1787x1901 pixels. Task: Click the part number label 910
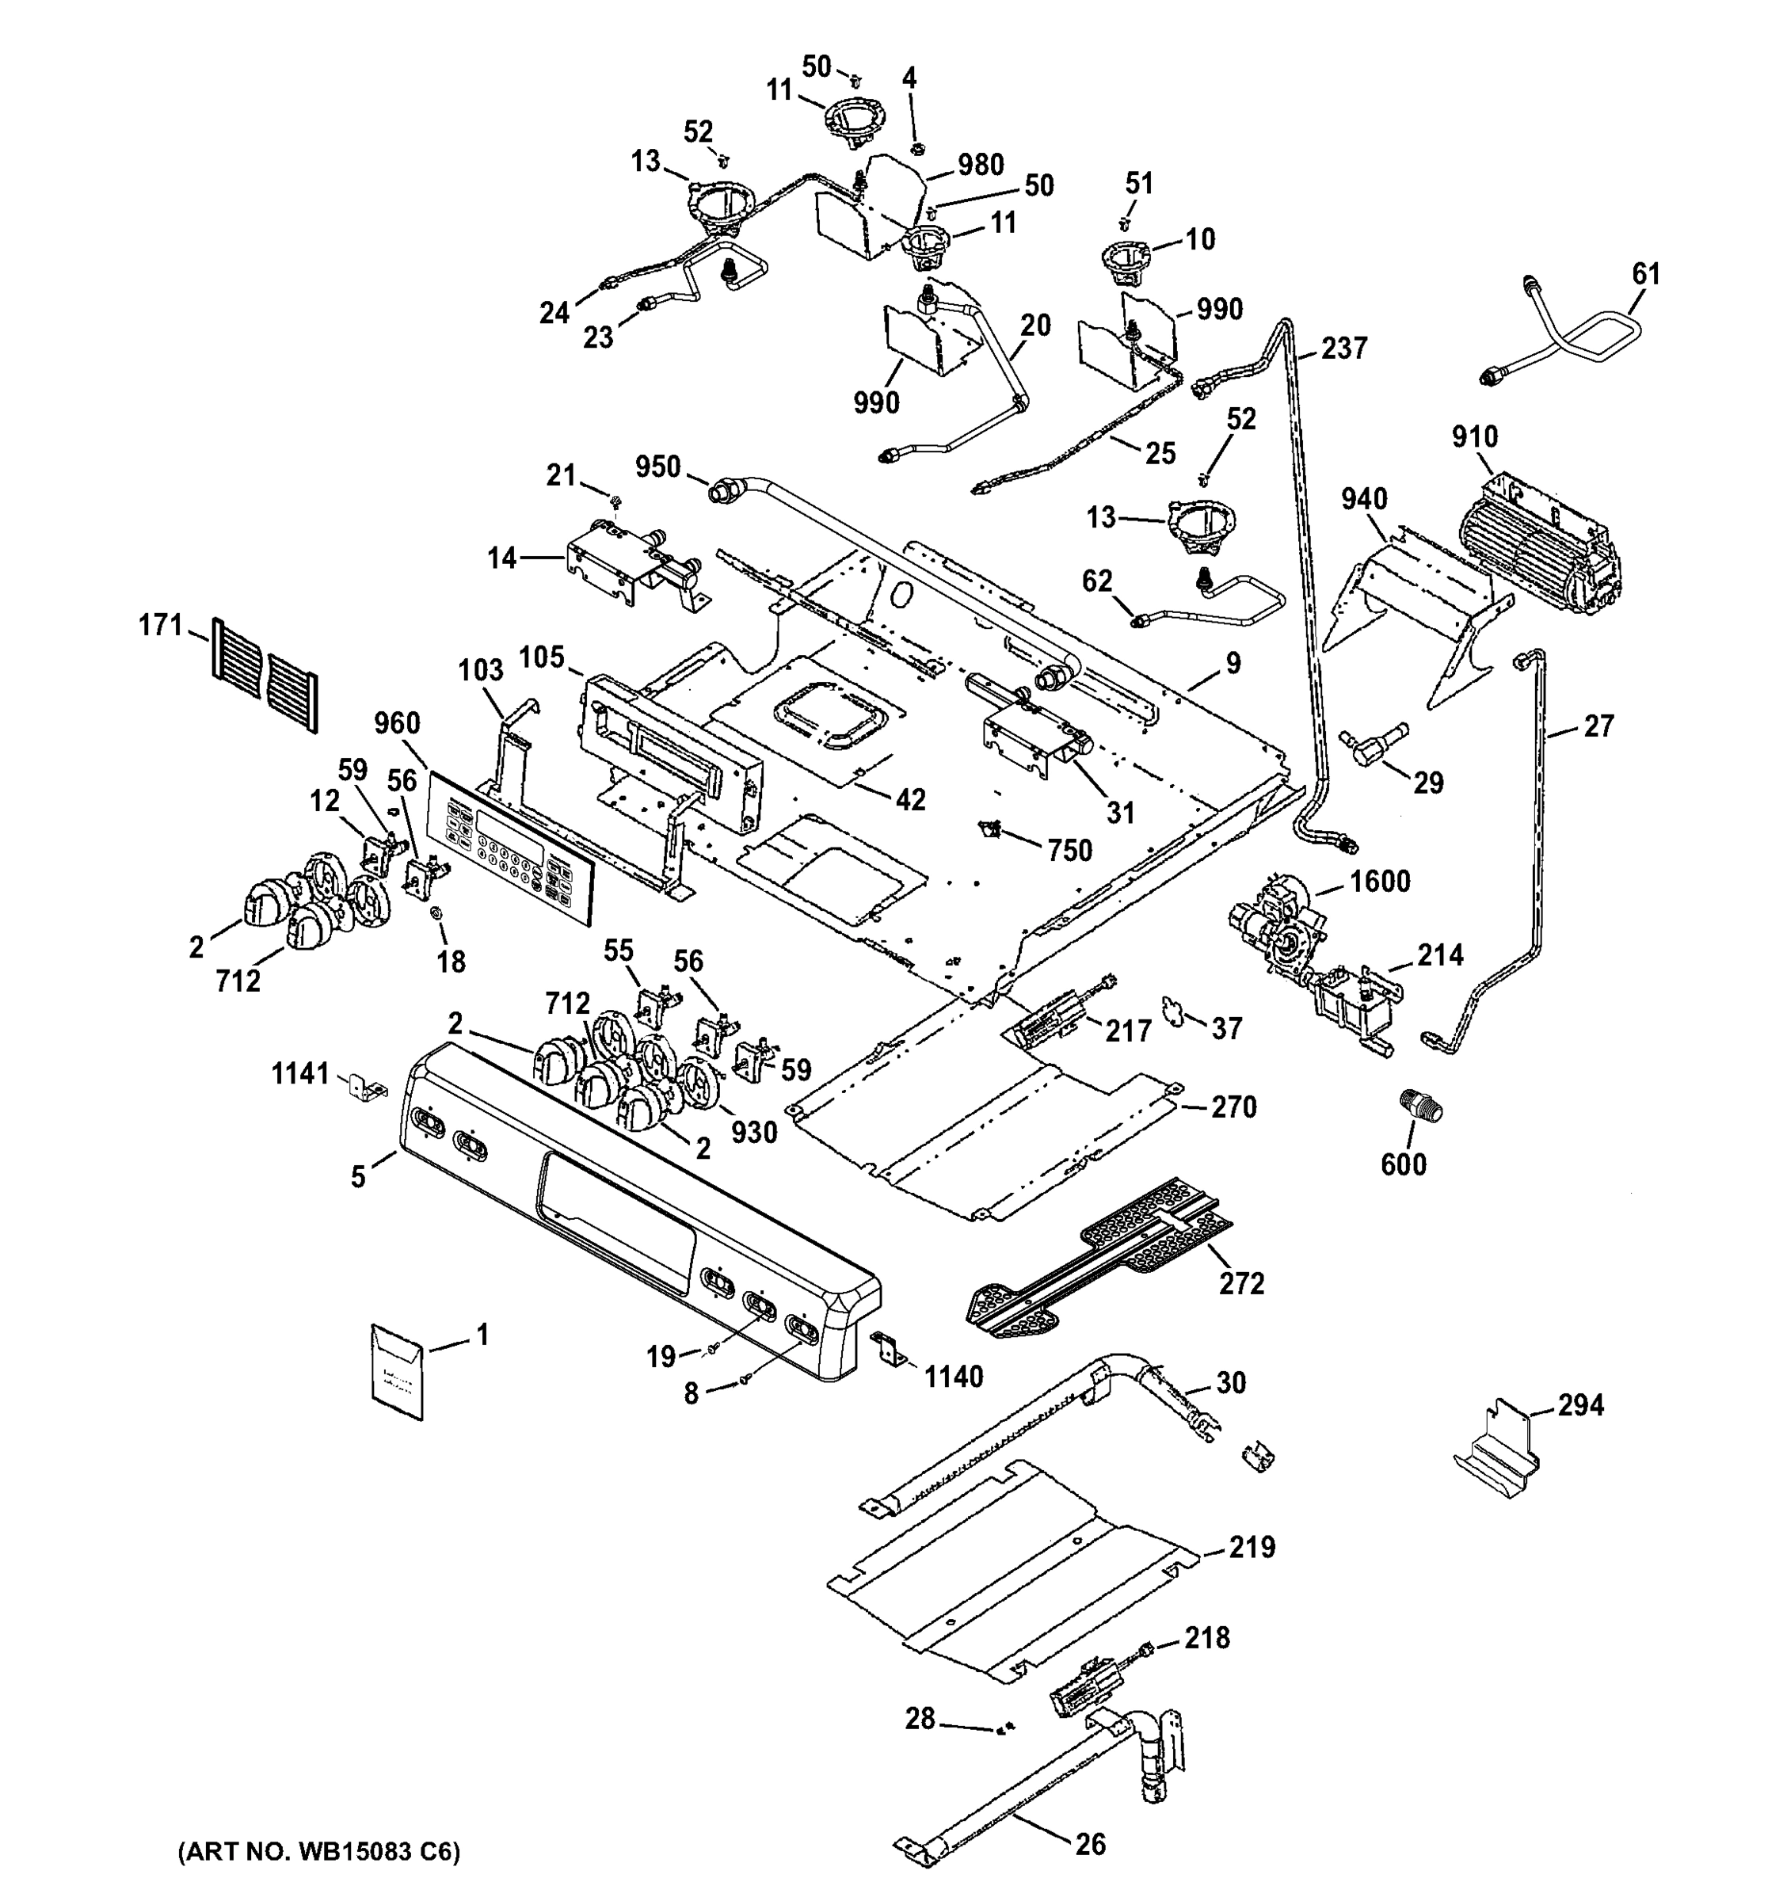point(1474,437)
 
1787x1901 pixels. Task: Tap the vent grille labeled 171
point(264,674)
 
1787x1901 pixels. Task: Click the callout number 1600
point(1379,881)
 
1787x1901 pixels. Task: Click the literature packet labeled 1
point(397,1371)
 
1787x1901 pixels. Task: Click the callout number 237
point(1344,348)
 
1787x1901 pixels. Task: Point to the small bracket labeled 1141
point(365,1084)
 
